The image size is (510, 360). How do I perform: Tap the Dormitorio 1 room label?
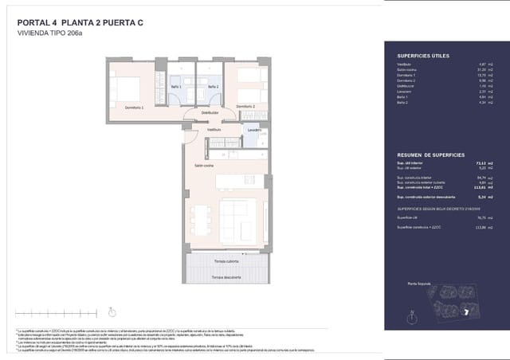(x=134, y=106)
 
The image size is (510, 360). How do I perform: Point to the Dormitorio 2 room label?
(x=244, y=106)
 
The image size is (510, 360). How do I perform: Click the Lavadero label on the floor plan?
(x=254, y=129)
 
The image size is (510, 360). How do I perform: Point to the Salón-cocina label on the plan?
(x=203, y=165)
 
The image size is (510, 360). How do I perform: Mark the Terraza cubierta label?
(x=227, y=261)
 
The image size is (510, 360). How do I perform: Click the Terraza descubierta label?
(x=227, y=276)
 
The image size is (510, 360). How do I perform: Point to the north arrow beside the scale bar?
(x=112, y=312)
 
